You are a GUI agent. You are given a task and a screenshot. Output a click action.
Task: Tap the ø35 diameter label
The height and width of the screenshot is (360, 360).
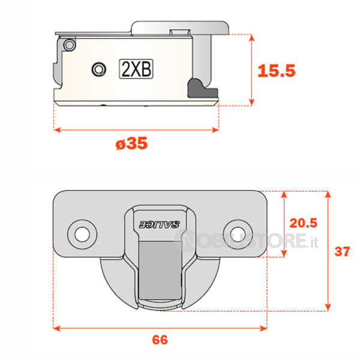point(131,143)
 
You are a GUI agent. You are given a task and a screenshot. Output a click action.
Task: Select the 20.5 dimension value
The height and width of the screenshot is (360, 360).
point(303,223)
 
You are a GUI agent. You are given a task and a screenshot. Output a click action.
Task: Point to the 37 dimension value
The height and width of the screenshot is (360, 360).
point(342,251)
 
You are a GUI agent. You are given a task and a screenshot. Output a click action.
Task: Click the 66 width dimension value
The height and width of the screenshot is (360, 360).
point(160,340)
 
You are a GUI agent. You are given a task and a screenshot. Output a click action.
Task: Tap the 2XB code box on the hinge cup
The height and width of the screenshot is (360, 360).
point(136,69)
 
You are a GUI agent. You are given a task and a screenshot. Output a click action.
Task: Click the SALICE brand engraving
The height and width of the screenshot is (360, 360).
point(160,224)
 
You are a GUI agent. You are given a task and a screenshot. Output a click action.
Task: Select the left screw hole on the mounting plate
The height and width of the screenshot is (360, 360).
point(82,235)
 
